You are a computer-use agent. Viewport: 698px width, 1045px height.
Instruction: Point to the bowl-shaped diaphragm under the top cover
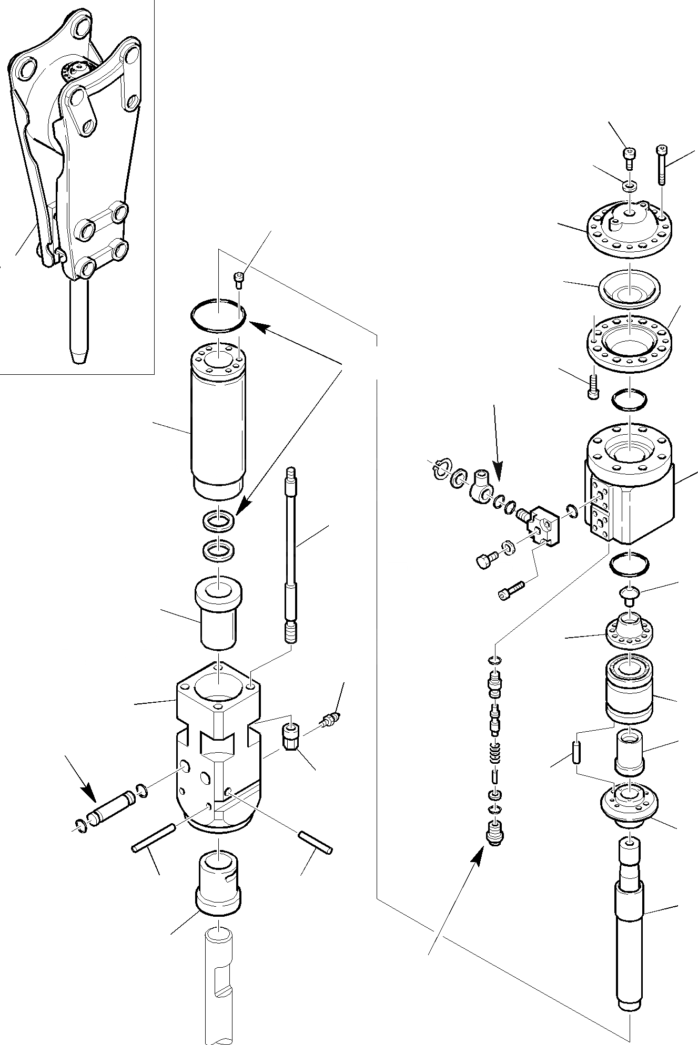629,290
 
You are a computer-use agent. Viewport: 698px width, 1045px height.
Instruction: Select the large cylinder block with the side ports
629,489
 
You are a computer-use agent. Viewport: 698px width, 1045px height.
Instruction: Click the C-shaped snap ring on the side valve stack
441,468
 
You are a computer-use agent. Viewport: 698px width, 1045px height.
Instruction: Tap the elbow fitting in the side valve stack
480,486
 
